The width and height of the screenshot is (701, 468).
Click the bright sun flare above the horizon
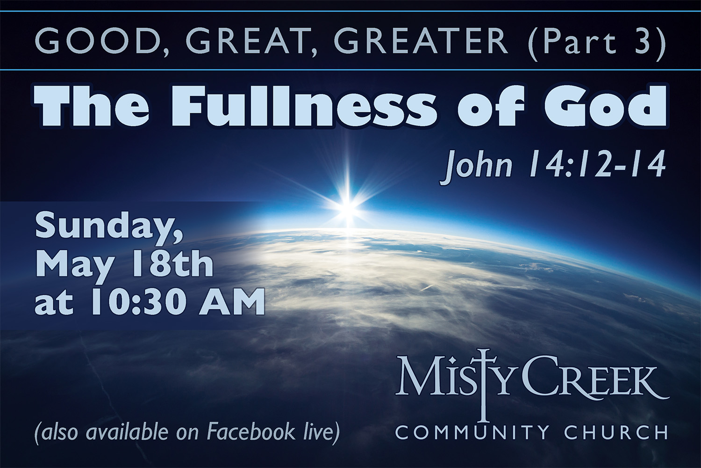[x=347, y=207]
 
